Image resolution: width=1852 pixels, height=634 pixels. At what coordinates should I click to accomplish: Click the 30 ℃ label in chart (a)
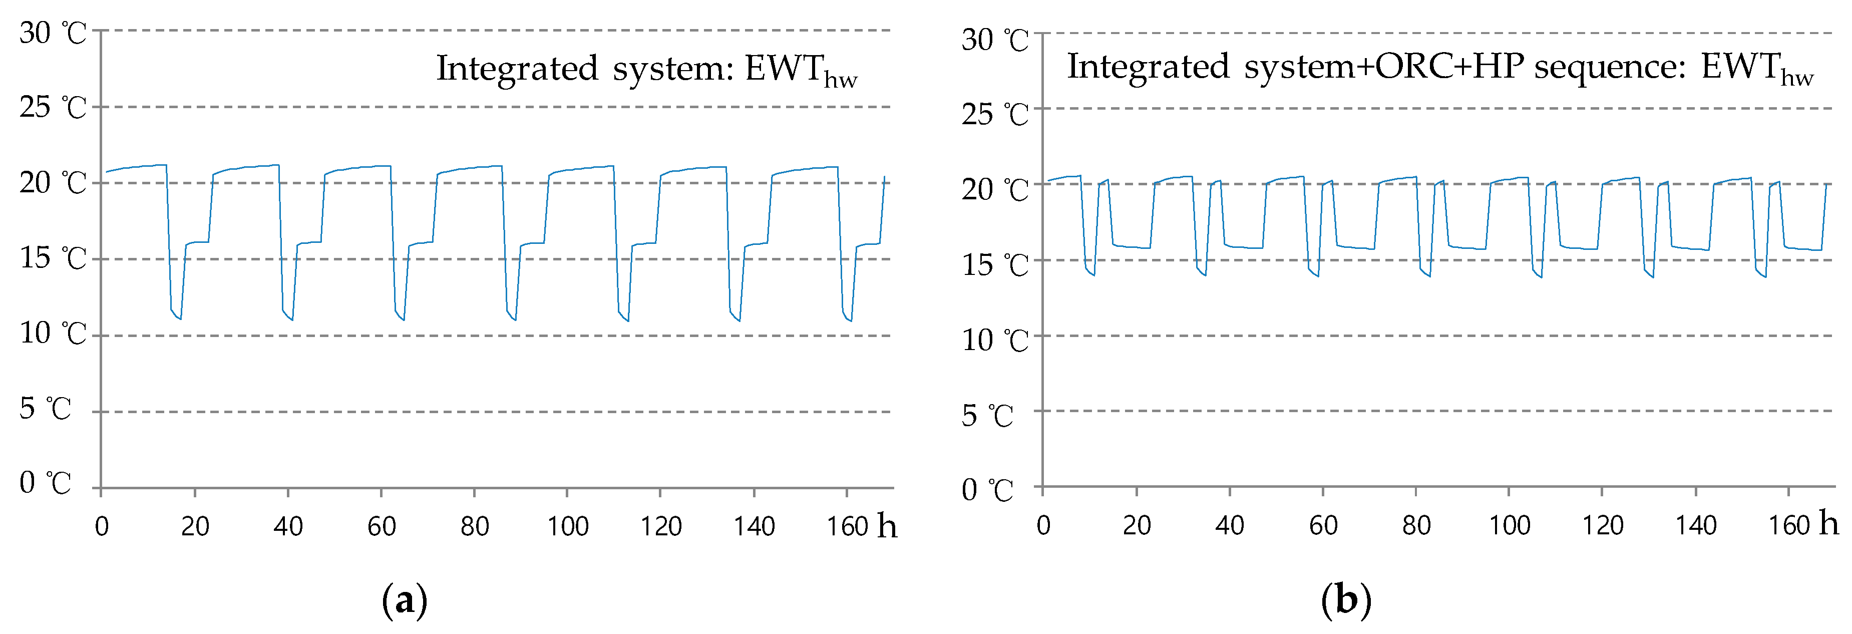point(53,33)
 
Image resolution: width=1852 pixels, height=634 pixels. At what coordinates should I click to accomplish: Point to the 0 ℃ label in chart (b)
point(987,491)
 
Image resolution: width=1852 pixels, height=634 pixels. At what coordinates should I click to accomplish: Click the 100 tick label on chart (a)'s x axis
point(567,527)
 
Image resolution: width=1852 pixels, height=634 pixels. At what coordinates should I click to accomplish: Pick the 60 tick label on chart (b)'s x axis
point(1323,525)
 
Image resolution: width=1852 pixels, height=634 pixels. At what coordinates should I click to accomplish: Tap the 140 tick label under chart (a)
point(754,527)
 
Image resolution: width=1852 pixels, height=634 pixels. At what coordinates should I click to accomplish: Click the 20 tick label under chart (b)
point(1137,525)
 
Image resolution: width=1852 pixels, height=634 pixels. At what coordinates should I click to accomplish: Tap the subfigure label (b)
point(1346,599)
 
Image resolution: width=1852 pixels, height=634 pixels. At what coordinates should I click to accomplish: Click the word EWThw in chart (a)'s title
point(800,70)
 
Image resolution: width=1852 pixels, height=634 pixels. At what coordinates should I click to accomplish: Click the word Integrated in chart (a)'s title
point(516,69)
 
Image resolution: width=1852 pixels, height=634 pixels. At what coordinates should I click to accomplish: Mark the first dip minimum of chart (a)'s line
point(180,319)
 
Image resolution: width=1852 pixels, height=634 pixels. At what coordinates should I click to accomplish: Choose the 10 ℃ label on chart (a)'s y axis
point(53,334)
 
